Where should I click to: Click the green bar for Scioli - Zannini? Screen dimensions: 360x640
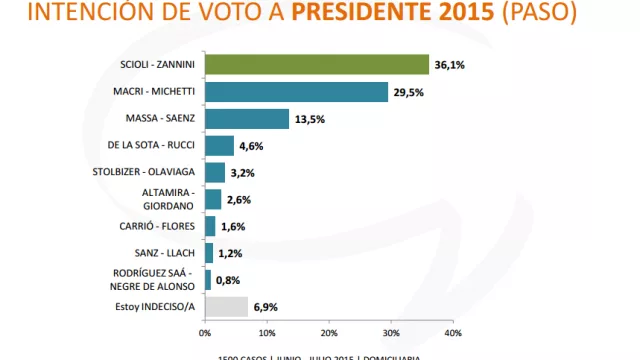(316, 65)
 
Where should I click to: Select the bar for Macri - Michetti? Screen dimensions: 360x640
(296, 92)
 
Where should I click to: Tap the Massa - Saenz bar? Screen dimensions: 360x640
(246, 119)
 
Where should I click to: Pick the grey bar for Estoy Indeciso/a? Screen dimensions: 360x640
(226, 307)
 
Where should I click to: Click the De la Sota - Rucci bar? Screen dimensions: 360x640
(219, 146)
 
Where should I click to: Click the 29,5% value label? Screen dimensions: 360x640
(406, 92)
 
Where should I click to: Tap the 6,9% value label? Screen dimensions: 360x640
(265, 307)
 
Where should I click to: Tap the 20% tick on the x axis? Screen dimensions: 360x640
(328, 333)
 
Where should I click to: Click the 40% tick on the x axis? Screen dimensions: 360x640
(452, 333)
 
